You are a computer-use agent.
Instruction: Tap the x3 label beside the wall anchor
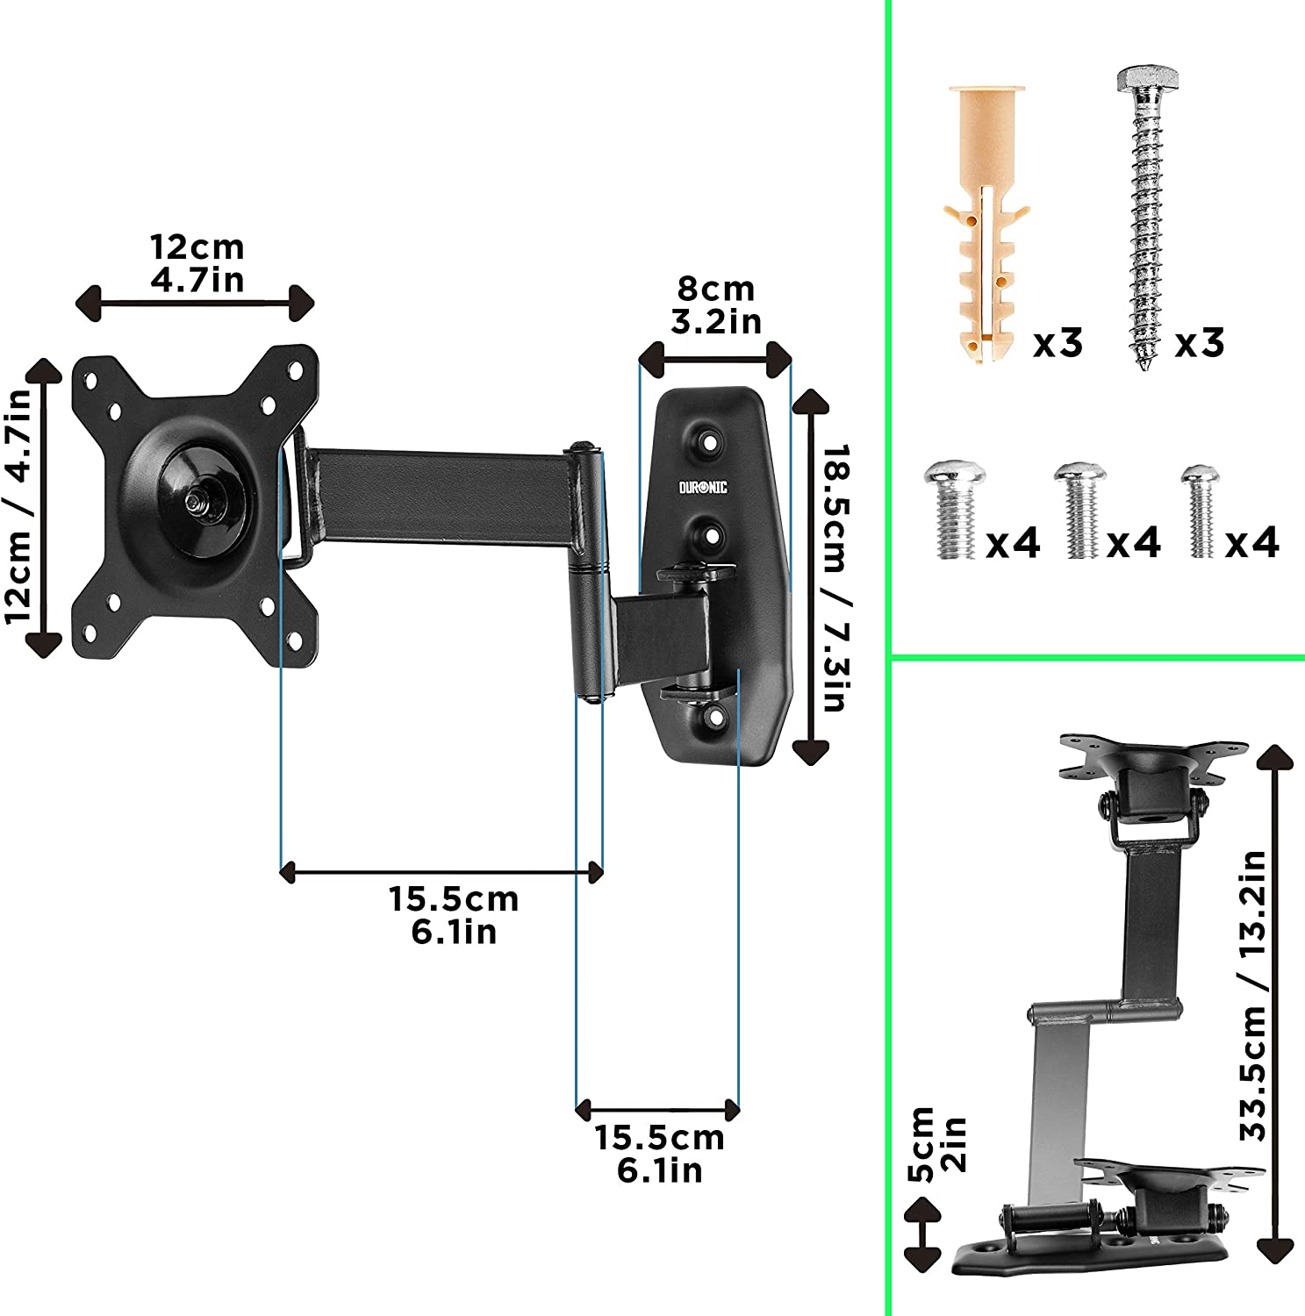click(x=1058, y=343)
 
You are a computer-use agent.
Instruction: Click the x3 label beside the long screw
click(x=1199, y=342)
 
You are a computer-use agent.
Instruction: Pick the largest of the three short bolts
click(x=954, y=510)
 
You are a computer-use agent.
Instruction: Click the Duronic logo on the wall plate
click(x=703, y=487)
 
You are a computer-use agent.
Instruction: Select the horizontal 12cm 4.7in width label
click(x=197, y=263)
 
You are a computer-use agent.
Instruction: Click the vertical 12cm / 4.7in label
click(x=19, y=505)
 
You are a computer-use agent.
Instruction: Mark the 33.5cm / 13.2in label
click(x=1253, y=996)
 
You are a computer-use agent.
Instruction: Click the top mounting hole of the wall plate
click(x=709, y=438)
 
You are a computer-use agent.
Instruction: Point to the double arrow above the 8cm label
click(x=715, y=359)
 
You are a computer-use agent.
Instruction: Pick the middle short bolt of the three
click(x=1080, y=511)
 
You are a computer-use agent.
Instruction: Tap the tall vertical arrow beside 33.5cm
click(x=1275, y=1004)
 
